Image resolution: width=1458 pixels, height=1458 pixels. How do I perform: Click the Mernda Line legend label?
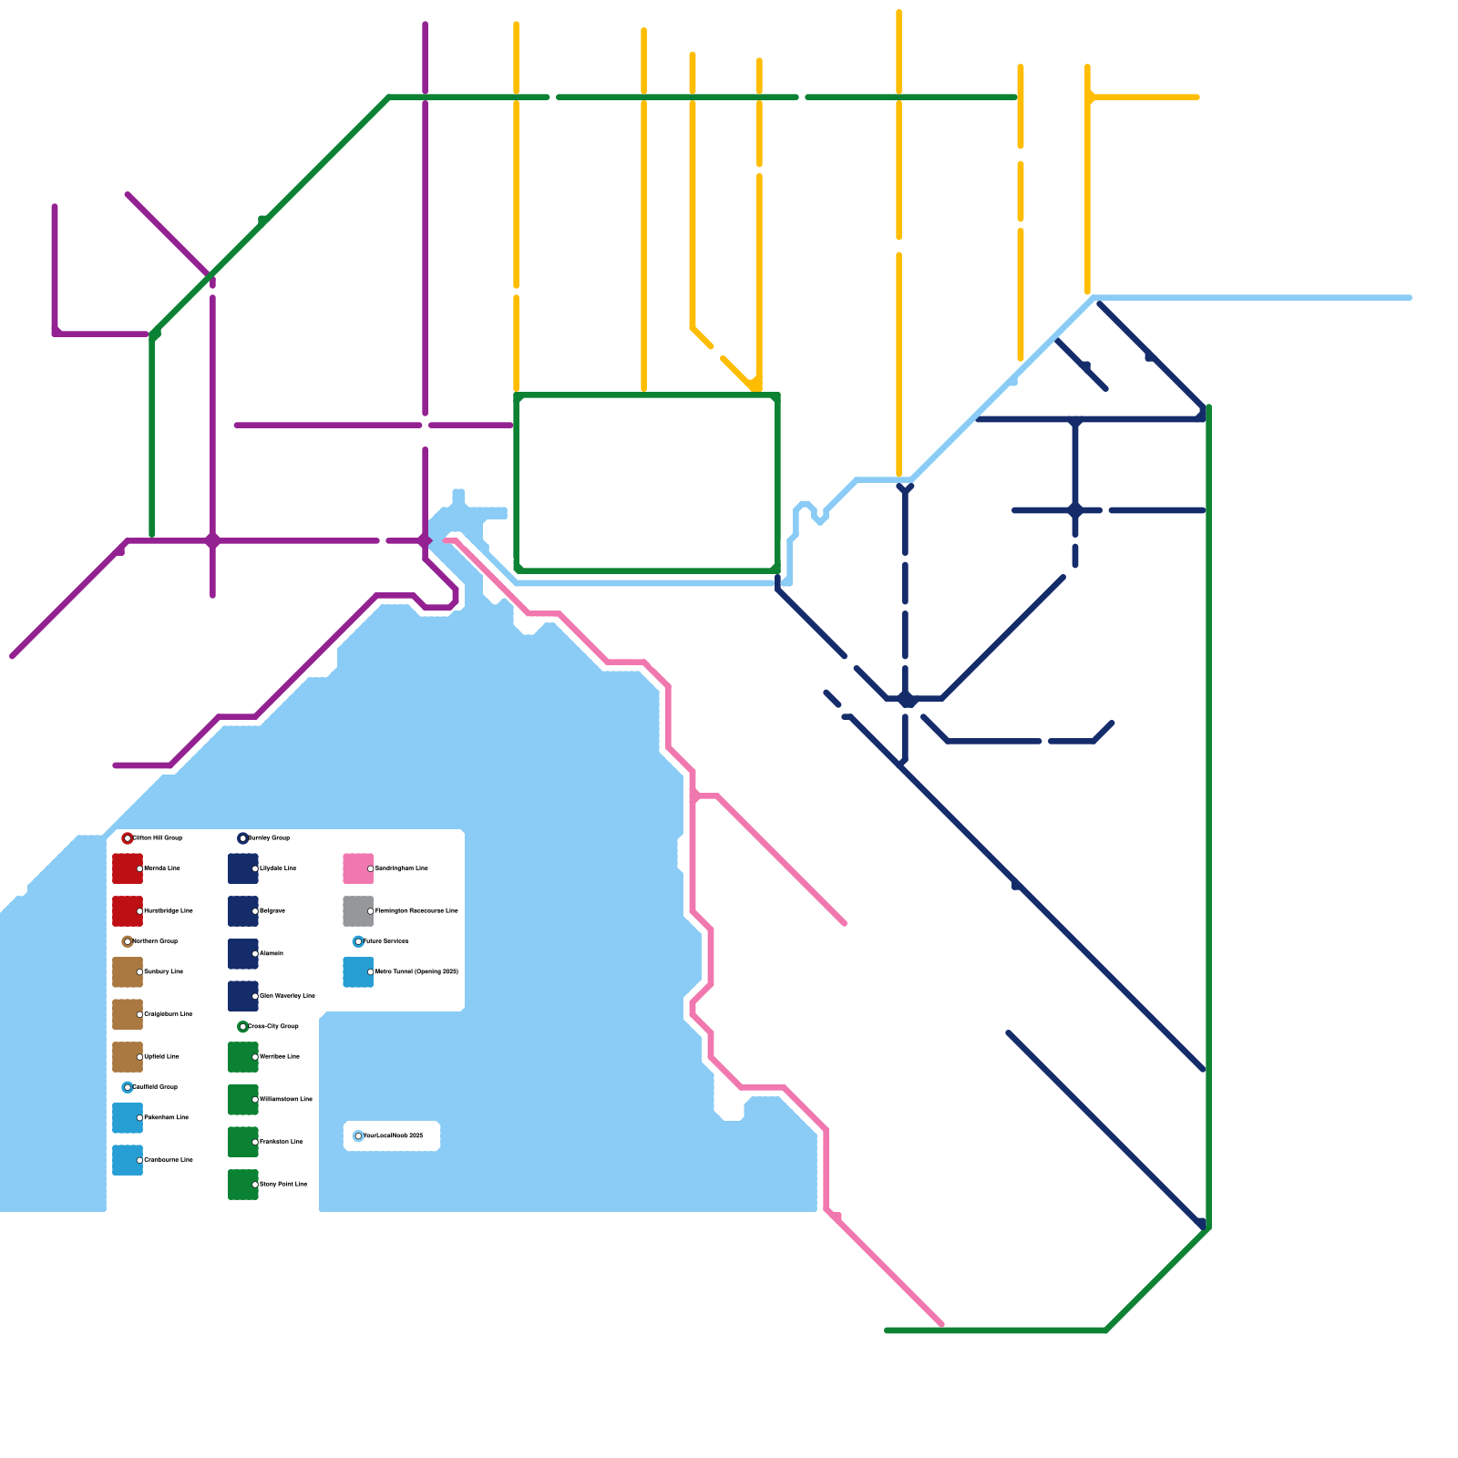tap(162, 868)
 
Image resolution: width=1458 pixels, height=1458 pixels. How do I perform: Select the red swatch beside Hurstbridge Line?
tap(127, 910)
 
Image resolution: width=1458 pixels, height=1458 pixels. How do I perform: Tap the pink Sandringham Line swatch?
tap(358, 868)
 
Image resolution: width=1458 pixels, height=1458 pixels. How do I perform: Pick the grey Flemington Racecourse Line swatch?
tap(358, 910)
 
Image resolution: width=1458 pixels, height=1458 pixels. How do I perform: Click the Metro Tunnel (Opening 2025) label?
tap(416, 971)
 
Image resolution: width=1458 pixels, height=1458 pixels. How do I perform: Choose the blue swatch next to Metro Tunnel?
tap(358, 971)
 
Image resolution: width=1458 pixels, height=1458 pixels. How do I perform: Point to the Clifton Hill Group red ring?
tap(128, 838)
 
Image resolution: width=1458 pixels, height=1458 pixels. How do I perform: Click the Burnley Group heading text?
tap(269, 837)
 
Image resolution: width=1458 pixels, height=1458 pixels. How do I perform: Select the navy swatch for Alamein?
tap(242, 953)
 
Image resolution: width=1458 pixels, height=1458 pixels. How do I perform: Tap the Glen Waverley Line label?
tap(287, 996)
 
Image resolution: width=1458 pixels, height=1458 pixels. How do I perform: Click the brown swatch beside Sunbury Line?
tap(127, 971)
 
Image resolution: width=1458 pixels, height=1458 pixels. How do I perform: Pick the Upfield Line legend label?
tap(162, 1056)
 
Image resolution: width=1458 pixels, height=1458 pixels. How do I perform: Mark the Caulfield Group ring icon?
tap(128, 1087)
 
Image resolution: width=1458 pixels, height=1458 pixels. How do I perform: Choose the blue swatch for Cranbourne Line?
tap(127, 1160)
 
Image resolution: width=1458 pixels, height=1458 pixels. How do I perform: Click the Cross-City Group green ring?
tap(242, 1027)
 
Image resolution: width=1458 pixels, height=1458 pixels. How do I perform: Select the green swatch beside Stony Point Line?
tap(242, 1184)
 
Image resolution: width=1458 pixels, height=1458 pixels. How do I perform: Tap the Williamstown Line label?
tap(286, 1099)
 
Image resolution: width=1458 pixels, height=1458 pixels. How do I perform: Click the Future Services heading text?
tap(386, 940)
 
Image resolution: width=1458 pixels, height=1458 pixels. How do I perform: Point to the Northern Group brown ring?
tap(128, 941)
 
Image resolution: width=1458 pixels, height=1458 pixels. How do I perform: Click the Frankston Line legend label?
tap(282, 1141)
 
